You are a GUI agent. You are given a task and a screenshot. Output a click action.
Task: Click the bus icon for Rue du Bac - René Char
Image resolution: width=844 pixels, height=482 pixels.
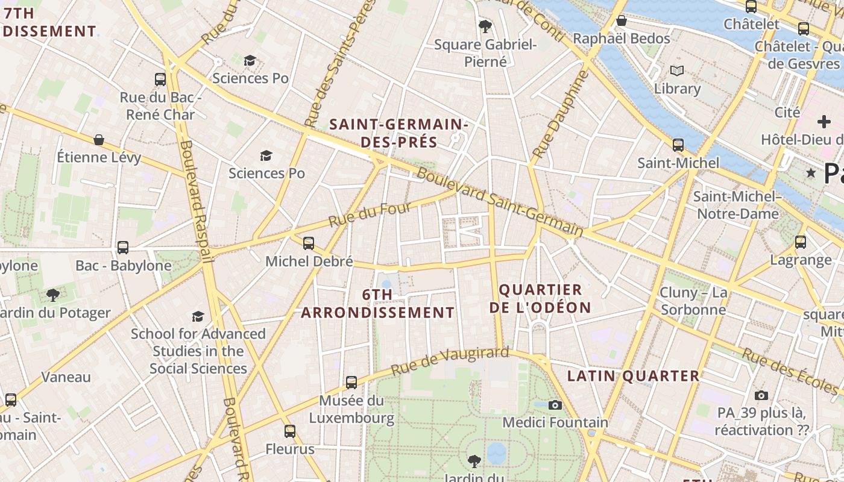pyautogui.click(x=160, y=79)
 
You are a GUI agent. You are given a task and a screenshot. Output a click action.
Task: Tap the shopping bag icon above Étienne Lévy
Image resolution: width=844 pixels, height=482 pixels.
pyautogui.click(x=99, y=140)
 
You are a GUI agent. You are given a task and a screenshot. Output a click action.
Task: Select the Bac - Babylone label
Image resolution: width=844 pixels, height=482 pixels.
pyautogui.click(x=124, y=266)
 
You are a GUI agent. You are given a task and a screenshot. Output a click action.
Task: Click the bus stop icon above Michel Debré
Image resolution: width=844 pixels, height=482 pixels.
pyautogui.click(x=309, y=243)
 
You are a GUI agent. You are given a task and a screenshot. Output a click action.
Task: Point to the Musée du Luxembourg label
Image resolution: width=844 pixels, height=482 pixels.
pyautogui.click(x=351, y=409)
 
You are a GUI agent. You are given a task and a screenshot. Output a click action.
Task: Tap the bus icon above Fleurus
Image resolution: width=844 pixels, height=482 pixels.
pyautogui.click(x=290, y=431)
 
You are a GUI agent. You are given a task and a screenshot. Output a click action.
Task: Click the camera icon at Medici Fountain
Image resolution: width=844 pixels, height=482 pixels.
pyautogui.click(x=555, y=405)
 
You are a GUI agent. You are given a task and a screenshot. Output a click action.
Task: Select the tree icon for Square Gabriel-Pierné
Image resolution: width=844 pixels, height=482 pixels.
pyautogui.click(x=485, y=26)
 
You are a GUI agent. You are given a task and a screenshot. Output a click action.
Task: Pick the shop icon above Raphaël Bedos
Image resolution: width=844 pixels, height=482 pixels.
pyautogui.click(x=622, y=21)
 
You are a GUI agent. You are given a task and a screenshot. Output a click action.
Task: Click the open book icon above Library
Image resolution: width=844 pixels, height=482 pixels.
pyautogui.click(x=678, y=71)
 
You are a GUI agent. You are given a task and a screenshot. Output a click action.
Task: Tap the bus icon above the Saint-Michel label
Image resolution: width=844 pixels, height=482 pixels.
pyautogui.click(x=678, y=145)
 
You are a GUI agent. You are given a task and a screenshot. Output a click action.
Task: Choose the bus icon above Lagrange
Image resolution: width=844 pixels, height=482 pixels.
pyautogui.click(x=801, y=242)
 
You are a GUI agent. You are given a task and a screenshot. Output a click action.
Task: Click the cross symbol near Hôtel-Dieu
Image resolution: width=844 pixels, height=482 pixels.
pyautogui.click(x=824, y=122)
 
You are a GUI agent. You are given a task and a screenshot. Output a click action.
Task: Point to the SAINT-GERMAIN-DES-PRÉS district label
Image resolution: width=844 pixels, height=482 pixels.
pyautogui.click(x=398, y=133)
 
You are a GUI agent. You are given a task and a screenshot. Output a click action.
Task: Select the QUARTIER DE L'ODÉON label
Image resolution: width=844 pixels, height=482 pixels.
pyautogui.click(x=540, y=299)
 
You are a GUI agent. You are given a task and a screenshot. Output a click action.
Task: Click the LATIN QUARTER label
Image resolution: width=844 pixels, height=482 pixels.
pyautogui.click(x=634, y=376)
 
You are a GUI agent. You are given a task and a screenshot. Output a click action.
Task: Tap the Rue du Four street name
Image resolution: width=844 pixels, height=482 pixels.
pyautogui.click(x=370, y=215)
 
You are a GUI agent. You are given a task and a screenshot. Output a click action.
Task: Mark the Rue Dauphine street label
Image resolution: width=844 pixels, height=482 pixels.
pyautogui.click(x=560, y=114)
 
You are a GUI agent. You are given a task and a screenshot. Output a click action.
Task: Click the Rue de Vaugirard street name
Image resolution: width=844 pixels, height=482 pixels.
pyautogui.click(x=450, y=360)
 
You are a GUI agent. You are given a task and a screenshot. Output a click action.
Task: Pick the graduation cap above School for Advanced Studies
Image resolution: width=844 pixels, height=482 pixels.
pyautogui.click(x=198, y=316)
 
